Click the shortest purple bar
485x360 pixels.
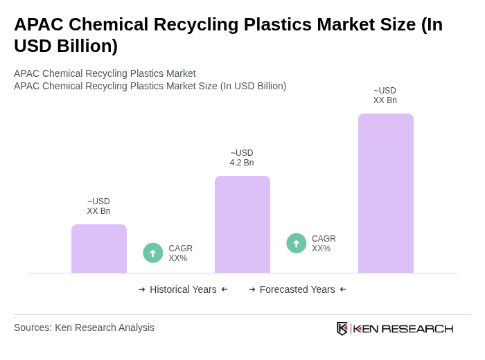(x=99, y=249)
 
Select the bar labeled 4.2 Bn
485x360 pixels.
(x=242, y=224)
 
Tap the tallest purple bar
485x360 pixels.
(x=386, y=193)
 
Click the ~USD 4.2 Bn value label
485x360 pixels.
(x=242, y=158)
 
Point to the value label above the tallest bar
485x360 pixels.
(x=385, y=96)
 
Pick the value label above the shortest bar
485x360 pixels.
(x=98, y=206)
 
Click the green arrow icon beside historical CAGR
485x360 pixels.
(x=153, y=253)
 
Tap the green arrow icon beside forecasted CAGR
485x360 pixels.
(x=297, y=243)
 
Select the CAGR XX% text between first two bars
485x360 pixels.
(x=180, y=253)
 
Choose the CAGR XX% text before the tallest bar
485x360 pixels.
(x=324, y=244)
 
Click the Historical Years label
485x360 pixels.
(x=183, y=289)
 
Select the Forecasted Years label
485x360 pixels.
(x=297, y=289)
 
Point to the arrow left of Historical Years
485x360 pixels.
(x=142, y=289)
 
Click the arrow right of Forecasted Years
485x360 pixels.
(x=343, y=289)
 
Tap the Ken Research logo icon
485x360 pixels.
(x=342, y=328)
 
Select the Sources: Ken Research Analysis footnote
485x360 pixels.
(x=84, y=327)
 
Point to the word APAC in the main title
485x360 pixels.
(x=39, y=24)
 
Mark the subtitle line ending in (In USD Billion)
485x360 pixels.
(x=150, y=86)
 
